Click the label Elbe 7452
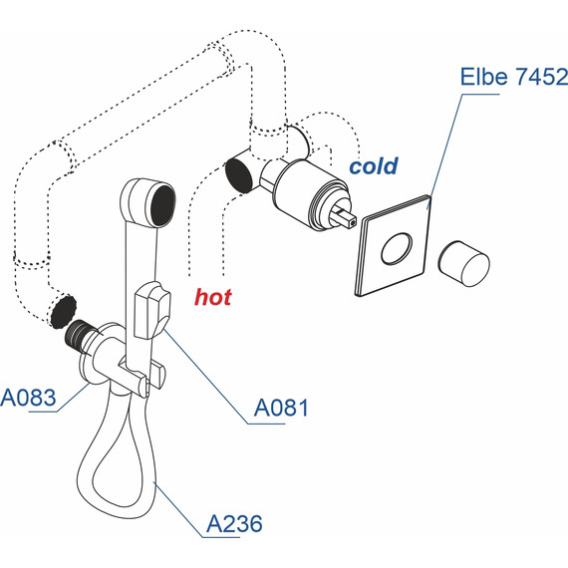(x=513, y=77)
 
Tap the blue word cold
(x=374, y=165)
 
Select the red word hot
(x=213, y=297)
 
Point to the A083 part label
(x=28, y=398)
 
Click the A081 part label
(x=281, y=408)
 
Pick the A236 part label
(x=234, y=524)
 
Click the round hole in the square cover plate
(x=397, y=248)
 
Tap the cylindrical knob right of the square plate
(x=464, y=264)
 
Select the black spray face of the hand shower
(x=163, y=205)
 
